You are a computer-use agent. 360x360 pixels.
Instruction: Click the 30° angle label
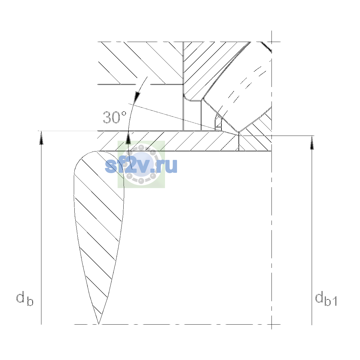point(115,117)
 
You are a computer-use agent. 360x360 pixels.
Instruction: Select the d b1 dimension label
point(326,300)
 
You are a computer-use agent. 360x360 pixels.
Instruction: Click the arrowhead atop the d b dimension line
point(41,138)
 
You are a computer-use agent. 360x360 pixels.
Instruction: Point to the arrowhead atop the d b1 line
point(312,143)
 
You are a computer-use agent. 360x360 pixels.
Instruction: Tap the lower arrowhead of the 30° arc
point(128,138)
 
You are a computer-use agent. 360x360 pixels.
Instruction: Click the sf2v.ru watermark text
point(141,166)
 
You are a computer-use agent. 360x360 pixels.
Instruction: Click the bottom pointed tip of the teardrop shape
point(98,324)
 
